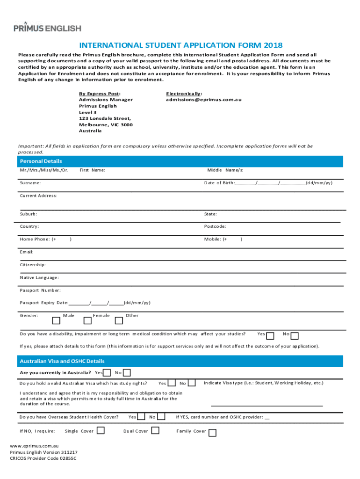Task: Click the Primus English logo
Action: tap(47, 28)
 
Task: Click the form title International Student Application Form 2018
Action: tap(180, 45)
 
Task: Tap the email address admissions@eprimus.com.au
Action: tap(203, 100)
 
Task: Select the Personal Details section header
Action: tap(41, 161)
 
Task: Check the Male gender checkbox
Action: tap(56, 321)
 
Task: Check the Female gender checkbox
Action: tap(87, 321)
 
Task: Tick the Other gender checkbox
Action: tap(119, 321)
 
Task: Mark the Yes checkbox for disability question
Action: tap(270, 335)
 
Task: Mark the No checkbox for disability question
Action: tap(295, 335)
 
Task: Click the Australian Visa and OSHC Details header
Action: tap(62, 361)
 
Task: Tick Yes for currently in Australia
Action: tap(107, 372)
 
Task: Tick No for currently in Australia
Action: tap(127, 372)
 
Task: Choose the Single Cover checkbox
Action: tap(101, 430)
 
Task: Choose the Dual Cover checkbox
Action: tap(155, 430)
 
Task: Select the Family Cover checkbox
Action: tap(212, 433)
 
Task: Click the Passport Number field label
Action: tap(40, 290)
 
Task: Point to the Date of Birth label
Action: tap(219, 183)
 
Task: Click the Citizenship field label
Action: tap(33, 265)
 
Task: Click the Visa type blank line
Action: tap(266, 405)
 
